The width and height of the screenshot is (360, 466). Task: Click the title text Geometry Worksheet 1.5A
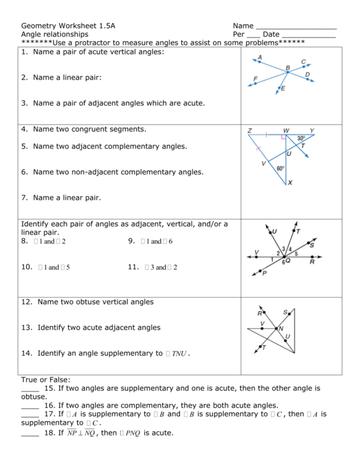coord(68,25)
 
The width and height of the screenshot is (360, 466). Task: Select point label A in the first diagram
coord(260,57)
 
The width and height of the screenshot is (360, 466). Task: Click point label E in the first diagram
coord(283,88)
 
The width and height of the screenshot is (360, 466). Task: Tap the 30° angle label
coord(301,138)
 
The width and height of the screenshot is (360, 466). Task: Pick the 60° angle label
coord(281,168)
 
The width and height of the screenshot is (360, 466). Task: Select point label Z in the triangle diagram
coord(250,131)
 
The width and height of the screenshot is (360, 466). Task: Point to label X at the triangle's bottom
coord(290,183)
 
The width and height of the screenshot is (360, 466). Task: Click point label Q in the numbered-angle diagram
coord(287,261)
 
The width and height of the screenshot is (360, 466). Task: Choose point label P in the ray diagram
coord(264,274)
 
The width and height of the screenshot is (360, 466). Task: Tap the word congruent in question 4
coord(93,129)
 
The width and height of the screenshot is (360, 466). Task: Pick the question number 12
coord(27,302)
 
